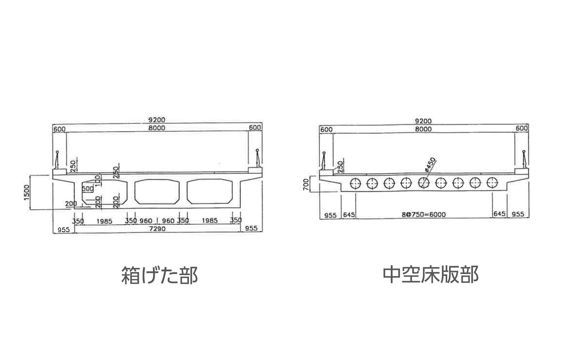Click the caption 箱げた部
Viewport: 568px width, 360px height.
(x=159, y=275)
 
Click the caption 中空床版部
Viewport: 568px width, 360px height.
(x=431, y=274)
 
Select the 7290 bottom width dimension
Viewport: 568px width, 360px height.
(x=157, y=229)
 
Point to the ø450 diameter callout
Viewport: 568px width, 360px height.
(x=431, y=165)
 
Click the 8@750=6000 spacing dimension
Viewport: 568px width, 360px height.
(x=424, y=214)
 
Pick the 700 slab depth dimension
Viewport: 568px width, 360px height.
(x=306, y=184)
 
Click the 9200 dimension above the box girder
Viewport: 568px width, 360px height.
(x=157, y=121)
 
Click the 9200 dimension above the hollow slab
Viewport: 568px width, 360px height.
(x=423, y=121)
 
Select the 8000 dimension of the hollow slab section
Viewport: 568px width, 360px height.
(x=423, y=129)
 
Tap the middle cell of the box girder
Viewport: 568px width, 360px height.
(x=157, y=191)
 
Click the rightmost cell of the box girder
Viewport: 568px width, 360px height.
(x=209, y=191)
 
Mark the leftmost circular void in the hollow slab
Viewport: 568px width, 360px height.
(x=356, y=183)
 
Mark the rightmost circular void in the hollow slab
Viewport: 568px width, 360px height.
(x=492, y=183)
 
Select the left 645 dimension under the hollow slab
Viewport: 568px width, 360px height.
(x=349, y=215)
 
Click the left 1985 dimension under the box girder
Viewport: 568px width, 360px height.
(x=104, y=221)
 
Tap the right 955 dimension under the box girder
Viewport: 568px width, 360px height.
(x=251, y=228)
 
